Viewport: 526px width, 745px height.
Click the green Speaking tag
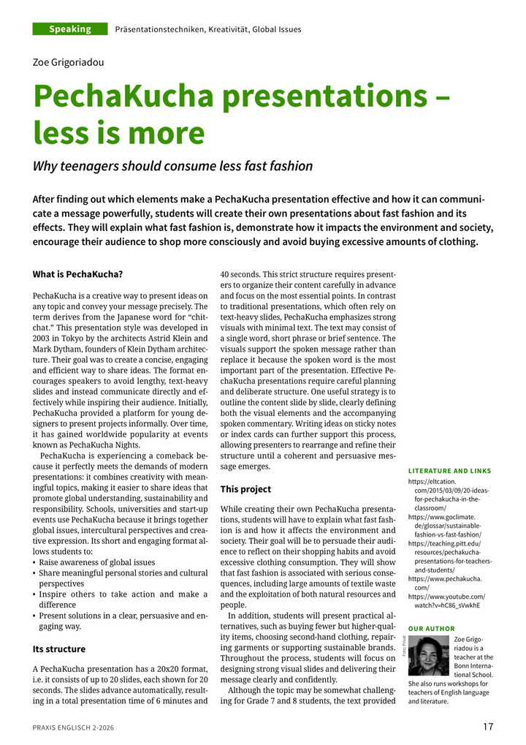70,29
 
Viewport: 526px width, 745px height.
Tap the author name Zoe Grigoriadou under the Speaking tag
69,62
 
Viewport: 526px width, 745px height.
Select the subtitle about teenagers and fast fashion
172,166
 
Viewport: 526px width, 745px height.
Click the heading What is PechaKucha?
77,274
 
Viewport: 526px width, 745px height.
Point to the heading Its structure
59,648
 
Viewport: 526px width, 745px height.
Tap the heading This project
245,489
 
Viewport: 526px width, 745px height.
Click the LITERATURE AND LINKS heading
449,471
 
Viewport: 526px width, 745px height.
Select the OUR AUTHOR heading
431,629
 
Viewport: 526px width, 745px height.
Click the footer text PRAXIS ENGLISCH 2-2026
73,727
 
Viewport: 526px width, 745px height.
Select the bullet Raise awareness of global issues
96,562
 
